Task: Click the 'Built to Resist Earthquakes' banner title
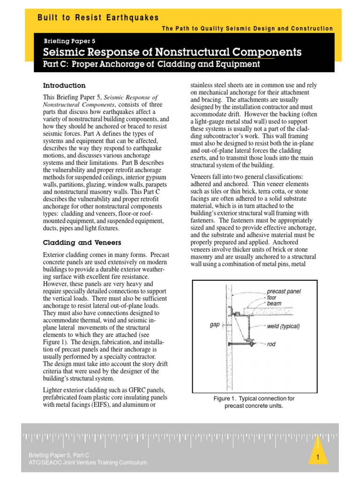tap(98, 18)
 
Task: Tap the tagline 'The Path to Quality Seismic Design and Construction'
tap(247, 29)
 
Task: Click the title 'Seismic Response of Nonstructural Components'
tap(172, 52)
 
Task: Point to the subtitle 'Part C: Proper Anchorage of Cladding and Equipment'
tap(151, 64)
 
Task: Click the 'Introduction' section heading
tap(64, 86)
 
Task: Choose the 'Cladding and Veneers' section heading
tap(82, 242)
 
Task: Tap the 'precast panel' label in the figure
tap(284, 291)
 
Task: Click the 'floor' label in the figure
tap(271, 298)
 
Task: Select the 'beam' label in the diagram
tap(274, 304)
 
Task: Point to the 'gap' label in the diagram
tap(215, 324)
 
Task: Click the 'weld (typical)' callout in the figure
tap(283, 326)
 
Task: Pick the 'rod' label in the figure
tap(271, 344)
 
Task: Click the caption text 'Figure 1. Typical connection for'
tap(254, 398)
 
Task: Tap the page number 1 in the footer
tap(317, 457)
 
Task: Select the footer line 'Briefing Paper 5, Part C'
tap(59, 455)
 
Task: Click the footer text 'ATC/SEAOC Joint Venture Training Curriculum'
tap(88, 463)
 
